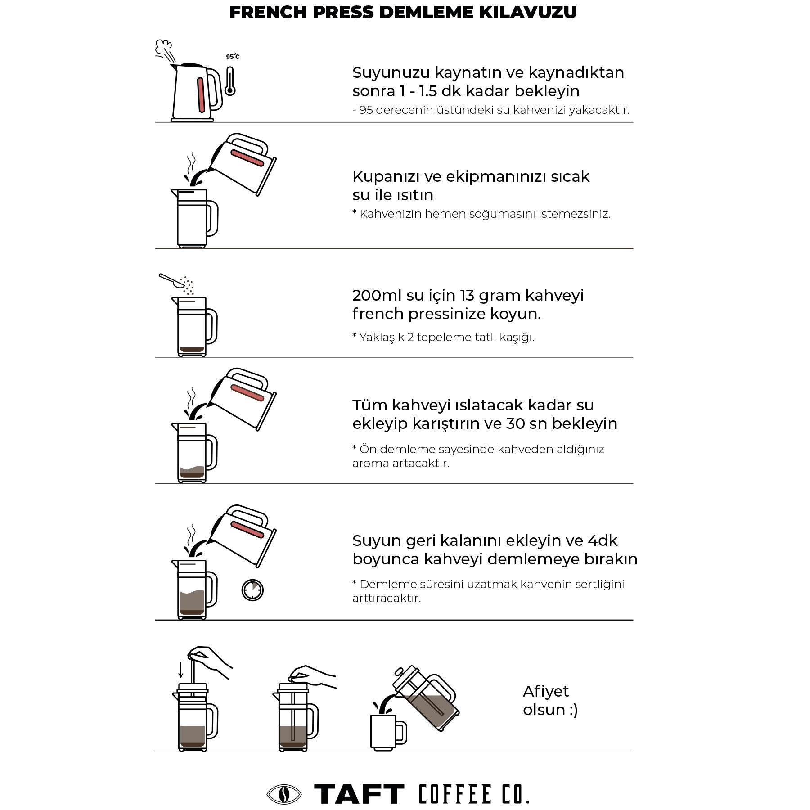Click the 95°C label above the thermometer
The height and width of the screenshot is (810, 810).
pos(232,57)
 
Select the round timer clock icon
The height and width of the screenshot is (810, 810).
pos(252,589)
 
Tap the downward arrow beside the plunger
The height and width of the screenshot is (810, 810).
pos(181,669)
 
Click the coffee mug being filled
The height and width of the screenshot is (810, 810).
pos(385,732)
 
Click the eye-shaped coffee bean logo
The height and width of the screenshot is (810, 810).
pos(283,794)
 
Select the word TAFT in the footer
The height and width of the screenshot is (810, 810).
pos(359,794)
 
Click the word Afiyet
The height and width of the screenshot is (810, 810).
pos(545,691)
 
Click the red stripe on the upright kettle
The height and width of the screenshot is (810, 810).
pos(200,94)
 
